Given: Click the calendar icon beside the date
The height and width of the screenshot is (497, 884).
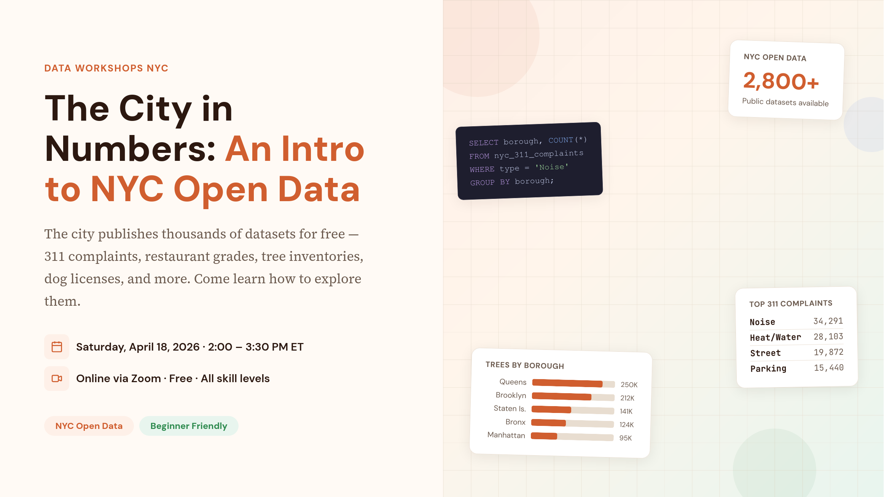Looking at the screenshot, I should click(x=57, y=347).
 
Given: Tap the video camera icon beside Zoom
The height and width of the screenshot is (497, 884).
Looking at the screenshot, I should click(x=57, y=378).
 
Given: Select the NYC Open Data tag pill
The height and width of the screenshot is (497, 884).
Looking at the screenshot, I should click(x=89, y=426).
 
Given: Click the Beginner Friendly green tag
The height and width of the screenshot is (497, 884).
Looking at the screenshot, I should click(x=189, y=426).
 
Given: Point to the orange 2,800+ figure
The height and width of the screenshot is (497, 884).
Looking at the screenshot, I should click(x=781, y=81).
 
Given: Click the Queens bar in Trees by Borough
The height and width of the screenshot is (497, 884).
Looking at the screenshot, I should click(x=567, y=383).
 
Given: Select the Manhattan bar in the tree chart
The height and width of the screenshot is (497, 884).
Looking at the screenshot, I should click(x=544, y=436).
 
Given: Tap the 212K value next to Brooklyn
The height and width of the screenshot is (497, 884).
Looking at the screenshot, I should click(x=627, y=398).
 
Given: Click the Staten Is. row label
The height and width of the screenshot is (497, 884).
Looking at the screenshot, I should click(x=510, y=408).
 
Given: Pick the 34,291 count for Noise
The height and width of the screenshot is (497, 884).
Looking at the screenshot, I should click(x=828, y=321).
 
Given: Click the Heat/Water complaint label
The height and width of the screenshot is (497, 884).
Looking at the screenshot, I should click(x=775, y=337).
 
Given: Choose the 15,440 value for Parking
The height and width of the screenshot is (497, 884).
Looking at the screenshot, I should click(x=828, y=368).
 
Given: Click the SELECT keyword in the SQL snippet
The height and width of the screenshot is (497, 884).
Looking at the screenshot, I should click(x=484, y=143).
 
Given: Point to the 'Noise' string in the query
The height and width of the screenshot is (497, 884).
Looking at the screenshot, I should click(x=552, y=167).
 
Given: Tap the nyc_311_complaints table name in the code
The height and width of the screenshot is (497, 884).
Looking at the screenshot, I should click(x=539, y=154).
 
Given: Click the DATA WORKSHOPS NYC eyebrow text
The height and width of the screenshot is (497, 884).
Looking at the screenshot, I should click(x=106, y=68).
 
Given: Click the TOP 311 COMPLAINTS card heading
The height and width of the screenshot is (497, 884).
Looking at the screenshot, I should click(x=791, y=303).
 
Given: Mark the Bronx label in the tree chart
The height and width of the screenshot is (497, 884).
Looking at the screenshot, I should click(x=515, y=422).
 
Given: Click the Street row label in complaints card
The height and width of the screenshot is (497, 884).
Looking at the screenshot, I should click(x=765, y=353).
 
